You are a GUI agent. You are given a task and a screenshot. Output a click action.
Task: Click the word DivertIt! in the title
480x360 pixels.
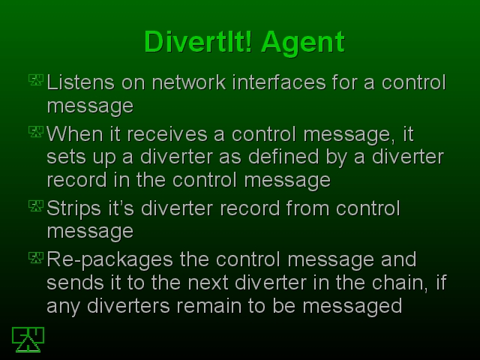coord(198,42)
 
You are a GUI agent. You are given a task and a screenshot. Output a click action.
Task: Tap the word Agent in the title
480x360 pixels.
coord(303,43)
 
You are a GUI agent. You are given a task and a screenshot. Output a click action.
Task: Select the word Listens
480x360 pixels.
coord(81,82)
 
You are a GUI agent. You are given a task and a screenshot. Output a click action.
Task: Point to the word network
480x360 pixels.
coord(189,82)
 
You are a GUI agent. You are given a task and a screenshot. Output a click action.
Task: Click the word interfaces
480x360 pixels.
coord(279,82)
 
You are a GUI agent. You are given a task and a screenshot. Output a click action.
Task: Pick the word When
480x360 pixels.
coord(75,134)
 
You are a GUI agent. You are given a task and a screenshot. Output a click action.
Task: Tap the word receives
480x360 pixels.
coord(166,134)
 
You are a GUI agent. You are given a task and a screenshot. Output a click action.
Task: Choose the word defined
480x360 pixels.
coord(283,157)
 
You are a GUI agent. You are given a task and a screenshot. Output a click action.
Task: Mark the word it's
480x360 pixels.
coord(121,208)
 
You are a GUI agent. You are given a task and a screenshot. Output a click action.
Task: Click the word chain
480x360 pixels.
coord(400,283)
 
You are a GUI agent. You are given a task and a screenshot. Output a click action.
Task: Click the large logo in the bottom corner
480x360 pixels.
coord(28,340)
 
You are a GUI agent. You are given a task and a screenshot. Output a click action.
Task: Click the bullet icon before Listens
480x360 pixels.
coord(36,80)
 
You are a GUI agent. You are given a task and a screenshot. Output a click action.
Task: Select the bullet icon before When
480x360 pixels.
coord(36,132)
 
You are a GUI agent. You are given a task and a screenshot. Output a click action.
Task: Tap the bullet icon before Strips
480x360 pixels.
coord(36,205)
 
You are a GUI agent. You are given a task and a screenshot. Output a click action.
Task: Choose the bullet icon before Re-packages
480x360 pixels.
coord(36,257)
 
